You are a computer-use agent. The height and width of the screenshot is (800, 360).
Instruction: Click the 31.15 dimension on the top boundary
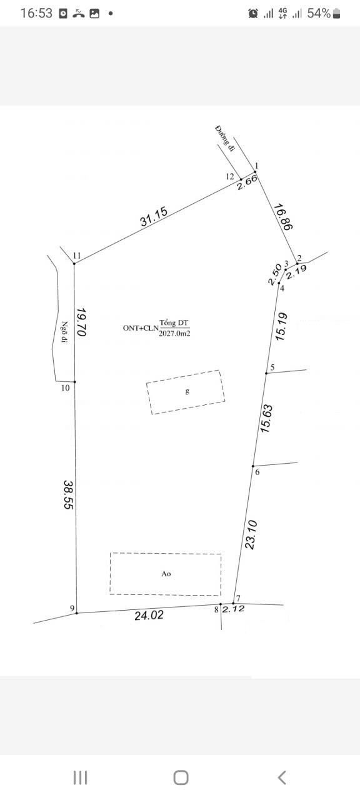click(154, 216)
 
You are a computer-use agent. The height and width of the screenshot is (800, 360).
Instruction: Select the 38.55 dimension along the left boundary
click(68, 494)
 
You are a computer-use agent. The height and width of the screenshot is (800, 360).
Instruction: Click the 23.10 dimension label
click(251, 534)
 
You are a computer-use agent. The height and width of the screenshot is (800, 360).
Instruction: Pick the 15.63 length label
click(266, 419)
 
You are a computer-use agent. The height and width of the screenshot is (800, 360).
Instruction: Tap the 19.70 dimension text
click(81, 322)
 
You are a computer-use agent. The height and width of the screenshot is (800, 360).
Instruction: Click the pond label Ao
click(166, 574)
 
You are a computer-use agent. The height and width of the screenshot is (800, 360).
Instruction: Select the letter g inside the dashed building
click(187, 391)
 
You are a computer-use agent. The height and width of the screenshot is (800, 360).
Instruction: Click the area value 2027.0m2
click(174, 334)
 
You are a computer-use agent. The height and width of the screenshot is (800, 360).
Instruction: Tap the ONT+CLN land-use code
click(141, 328)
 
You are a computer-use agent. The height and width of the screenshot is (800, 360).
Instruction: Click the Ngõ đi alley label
click(64, 332)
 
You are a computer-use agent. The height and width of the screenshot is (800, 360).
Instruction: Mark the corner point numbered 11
click(74, 264)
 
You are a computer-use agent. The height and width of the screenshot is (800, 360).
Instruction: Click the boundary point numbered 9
click(77, 613)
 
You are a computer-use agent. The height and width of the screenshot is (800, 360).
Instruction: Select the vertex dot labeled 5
click(266, 373)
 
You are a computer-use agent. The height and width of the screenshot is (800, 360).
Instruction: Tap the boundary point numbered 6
click(253, 466)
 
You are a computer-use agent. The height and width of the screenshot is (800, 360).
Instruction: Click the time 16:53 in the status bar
click(36, 14)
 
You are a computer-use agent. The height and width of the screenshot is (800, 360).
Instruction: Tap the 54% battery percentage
click(319, 14)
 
